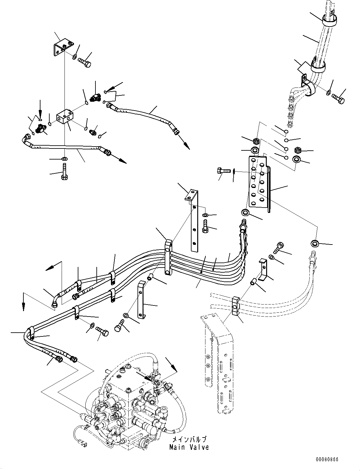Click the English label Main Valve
click(189, 447)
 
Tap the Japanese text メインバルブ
click(189, 439)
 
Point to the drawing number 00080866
click(327, 459)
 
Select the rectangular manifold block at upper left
click(66, 116)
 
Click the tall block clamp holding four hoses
click(168, 257)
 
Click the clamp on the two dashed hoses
click(236, 305)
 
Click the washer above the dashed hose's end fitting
click(314, 243)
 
